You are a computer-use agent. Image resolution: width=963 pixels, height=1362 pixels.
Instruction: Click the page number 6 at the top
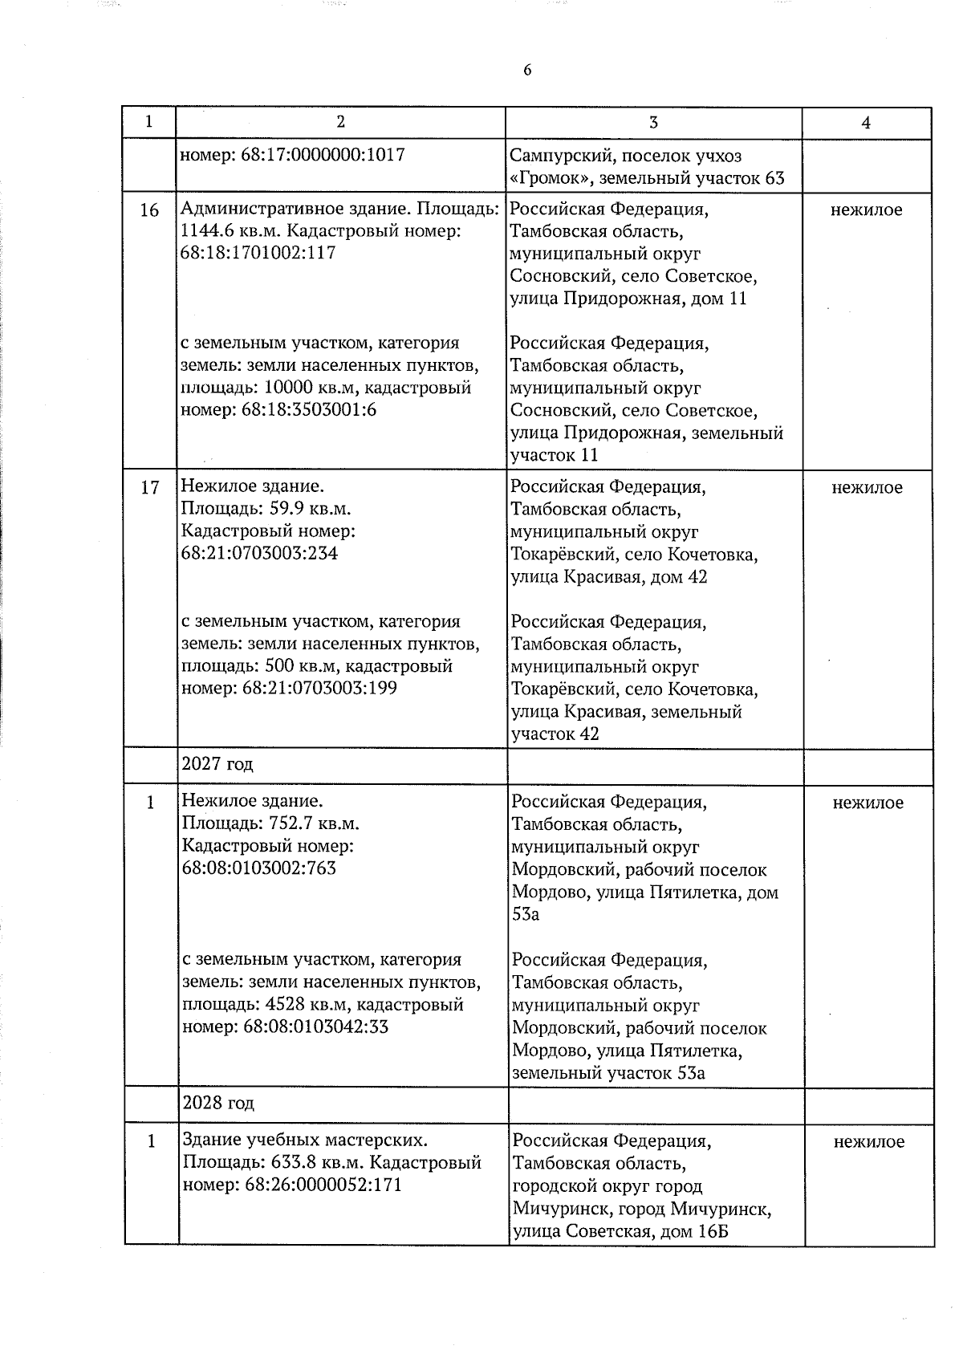tap(527, 70)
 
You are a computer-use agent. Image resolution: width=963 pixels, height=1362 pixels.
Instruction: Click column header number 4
tap(866, 123)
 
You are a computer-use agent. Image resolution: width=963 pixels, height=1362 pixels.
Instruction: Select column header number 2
tap(341, 122)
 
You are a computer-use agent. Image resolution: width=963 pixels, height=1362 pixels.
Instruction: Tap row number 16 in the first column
tap(149, 210)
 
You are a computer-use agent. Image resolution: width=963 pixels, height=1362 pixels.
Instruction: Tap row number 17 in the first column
tap(150, 487)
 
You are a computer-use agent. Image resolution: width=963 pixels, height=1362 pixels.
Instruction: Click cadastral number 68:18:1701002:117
tap(258, 254)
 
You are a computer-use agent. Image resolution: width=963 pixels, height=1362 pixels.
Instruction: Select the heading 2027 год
tap(217, 763)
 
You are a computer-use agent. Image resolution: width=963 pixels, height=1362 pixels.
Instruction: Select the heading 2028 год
tap(218, 1103)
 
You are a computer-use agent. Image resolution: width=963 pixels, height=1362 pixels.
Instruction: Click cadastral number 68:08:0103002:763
tap(260, 868)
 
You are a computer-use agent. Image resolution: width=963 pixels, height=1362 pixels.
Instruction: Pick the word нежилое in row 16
tap(867, 210)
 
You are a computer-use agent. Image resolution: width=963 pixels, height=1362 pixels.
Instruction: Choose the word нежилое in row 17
tap(867, 487)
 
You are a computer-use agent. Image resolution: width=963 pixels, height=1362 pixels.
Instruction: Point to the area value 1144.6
tap(207, 232)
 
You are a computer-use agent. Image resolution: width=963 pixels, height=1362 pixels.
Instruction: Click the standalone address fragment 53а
tap(526, 914)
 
